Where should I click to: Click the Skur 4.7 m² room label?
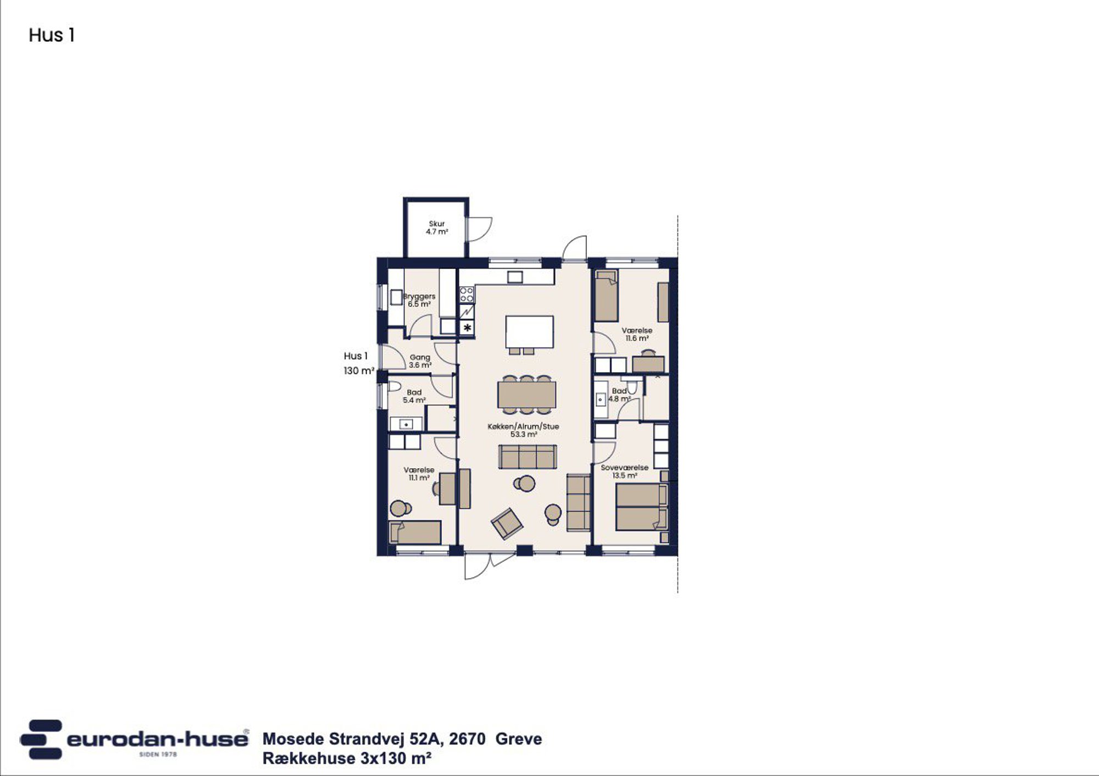(437, 228)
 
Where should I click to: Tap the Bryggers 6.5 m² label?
(419, 300)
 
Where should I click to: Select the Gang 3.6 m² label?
(420, 361)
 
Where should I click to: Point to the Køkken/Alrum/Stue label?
(523, 426)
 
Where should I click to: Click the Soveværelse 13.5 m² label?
(624, 472)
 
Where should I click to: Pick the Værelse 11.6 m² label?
(637, 334)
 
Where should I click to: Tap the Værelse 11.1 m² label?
(419, 474)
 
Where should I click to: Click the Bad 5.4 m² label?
(414, 396)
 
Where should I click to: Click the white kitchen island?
(529, 331)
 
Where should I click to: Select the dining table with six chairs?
(526, 395)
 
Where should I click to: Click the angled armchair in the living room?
(507, 523)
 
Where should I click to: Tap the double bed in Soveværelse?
(641, 507)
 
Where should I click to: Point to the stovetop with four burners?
(467, 295)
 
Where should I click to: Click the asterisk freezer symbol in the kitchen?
(467, 328)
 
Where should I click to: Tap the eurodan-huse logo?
(134, 739)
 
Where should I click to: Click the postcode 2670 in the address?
(467, 739)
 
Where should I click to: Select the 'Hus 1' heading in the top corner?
(52, 35)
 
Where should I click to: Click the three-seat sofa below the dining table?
(528, 457)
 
